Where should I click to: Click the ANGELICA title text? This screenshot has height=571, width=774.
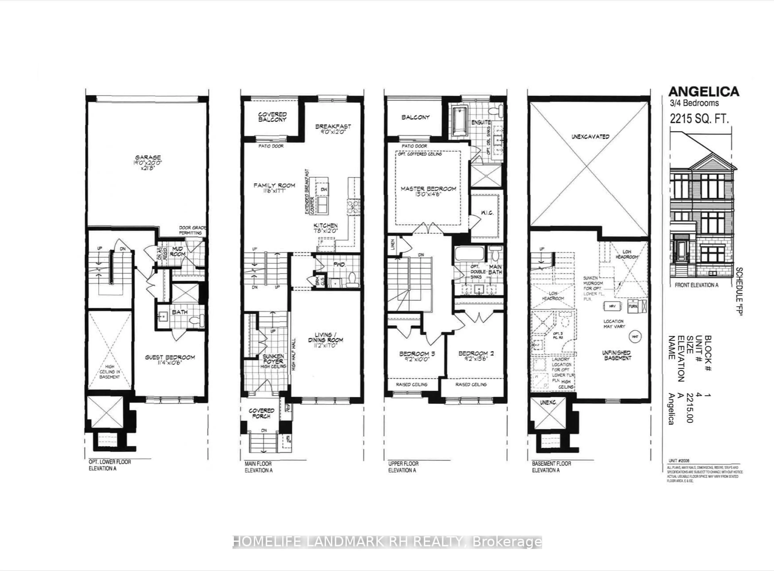pos(703,92)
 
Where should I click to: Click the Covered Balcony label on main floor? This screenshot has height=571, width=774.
pos(272,117)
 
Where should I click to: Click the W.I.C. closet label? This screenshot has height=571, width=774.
pos(487,213)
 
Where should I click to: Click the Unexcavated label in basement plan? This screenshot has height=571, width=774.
pos(590,137)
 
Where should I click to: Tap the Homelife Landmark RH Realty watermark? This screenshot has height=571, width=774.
pos(387,542)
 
